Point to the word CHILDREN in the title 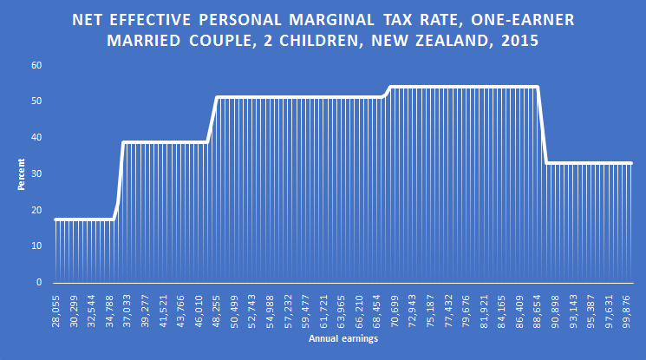click(x=321, y=40)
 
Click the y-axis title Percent click(x=21, y=174)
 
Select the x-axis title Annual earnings click(x=343, y=339)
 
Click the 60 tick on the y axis click(x=36, y=66)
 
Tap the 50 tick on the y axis click(x=36, y=102)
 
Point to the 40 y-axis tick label click(x=36, y=138)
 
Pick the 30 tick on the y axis click(x=36, y=174)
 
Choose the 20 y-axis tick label click(x=36, y=211)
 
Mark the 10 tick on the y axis click(x=36, y=246)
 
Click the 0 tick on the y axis click(x=39, y=283)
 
